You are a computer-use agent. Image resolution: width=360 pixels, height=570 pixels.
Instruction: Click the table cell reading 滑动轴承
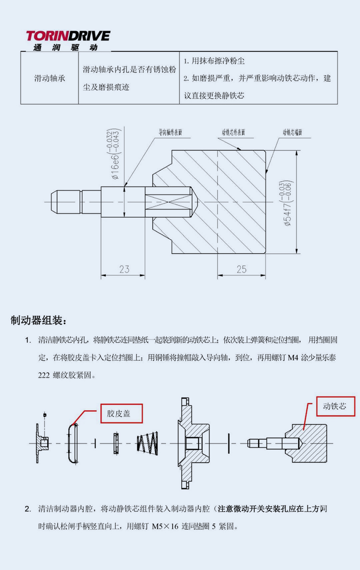click(49, 78)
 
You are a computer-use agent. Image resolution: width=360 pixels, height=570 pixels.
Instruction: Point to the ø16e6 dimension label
click(114, 154)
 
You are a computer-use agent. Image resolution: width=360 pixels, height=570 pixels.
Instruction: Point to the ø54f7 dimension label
click(288, 204)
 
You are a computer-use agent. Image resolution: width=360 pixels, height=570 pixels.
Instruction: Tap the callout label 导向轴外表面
click(170, 132)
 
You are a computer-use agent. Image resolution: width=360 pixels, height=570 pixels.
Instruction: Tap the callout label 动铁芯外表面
click(234, 132)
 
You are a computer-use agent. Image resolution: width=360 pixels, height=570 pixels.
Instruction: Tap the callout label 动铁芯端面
click(292, 132)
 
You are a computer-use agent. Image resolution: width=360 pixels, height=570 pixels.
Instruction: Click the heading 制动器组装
click(39, 320)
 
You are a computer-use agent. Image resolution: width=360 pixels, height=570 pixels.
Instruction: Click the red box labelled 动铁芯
click(335, 406)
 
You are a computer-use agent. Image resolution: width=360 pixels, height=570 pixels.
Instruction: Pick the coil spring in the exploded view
click(148, 443)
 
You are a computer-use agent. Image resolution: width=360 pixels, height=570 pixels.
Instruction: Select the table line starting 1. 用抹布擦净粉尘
click(214, 61)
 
